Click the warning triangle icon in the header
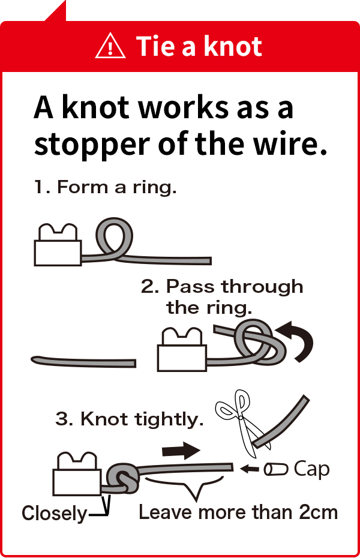tap(110, 46)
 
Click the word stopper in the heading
tap(92, 145)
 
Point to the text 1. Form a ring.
tap(105, 187)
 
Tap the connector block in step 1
tap(58, 245)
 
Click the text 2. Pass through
tap(223, 287)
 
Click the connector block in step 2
tap(182, 350)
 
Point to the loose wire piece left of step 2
tap(83, 362)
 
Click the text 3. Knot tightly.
tap(130, 419)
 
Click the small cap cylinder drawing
tap(276, 469)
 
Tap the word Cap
tap(312, 470)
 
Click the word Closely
tap(55, 514)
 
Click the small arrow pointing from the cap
tap(250, 469)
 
